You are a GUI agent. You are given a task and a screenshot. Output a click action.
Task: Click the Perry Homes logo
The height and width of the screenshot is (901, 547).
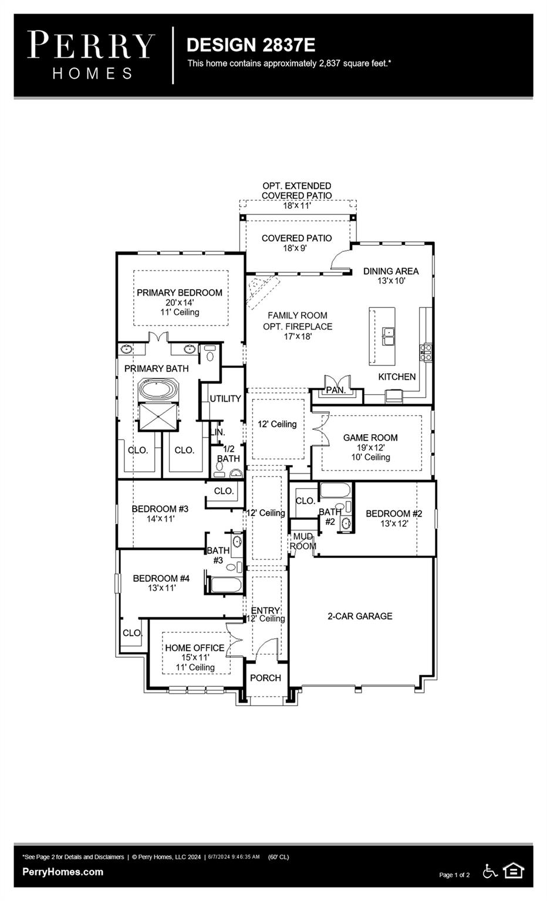pyautogui.click(x=91, y=55)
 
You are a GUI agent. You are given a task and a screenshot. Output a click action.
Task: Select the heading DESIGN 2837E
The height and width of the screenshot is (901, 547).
pyautogui.click(x=251, y=45)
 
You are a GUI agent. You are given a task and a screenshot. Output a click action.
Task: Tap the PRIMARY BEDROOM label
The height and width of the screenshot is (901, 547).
pyautogui.click(x=180, y=292)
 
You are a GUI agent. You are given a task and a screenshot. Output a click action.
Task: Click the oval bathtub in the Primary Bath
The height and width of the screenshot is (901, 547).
pyautogui.click(x=158, y=390)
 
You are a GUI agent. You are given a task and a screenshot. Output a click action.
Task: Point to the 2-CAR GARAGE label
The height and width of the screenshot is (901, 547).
pyautogui.click(x=360, y=616)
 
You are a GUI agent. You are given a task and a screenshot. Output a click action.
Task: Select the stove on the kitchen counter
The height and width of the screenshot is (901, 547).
pyautogui.click(x=426, y=352)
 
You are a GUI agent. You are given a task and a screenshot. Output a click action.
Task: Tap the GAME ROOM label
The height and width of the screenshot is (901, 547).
pyautogui.click(x=370, y=438)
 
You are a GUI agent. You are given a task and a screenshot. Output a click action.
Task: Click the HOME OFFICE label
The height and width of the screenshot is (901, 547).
pyautogui.click(x=194, y=648)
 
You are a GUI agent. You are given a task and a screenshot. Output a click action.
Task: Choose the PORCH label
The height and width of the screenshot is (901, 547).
pyautogui.click(x=265, y=678)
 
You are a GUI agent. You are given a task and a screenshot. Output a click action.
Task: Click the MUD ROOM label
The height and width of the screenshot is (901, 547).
pyautogui.click(x=303, y=541)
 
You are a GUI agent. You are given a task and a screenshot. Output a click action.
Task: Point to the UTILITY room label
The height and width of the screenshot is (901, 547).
pyautogui.click(x=225, y=398)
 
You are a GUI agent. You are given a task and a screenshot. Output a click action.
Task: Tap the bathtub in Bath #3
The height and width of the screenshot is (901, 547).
pyautogui.click(x=225, y=585)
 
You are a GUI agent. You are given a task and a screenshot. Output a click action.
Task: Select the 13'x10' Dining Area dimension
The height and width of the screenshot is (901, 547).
pyautogui.click(x=391, y=281)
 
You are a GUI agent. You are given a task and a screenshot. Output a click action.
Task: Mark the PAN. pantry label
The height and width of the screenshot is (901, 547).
pyautogui.click(x=336, y=389)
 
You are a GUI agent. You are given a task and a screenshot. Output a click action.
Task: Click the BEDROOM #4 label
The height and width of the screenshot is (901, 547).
pyautogui.click(x=161, y=578)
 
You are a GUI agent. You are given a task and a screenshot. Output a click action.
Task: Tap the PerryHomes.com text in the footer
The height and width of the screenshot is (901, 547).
pyautogui.click(x=63, y=872)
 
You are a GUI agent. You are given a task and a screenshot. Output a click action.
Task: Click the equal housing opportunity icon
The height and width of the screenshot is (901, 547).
pyautogui.click(x=514, y=871)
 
